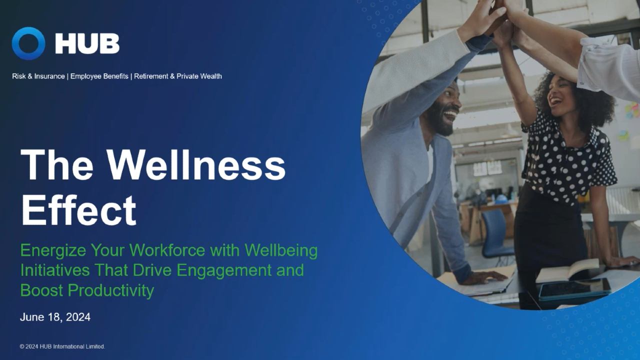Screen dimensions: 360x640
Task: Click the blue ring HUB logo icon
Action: [x=28, y=43]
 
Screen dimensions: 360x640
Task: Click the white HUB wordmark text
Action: [x=87, y=44]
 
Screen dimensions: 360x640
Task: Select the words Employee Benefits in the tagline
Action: [x=99, y=76]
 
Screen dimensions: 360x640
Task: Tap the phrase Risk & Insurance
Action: [x=38, y=76]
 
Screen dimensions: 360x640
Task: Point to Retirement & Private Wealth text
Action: [x=177, y=76]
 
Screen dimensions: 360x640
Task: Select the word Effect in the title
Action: [x=78, y=210]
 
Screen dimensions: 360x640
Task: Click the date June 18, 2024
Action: [x=55, y=317]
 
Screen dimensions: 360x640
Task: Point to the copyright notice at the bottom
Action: [x=62, y=346]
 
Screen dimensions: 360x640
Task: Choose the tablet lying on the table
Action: [x=574, y=288]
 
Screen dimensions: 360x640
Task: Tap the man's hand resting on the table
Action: [x=483, y=276]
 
